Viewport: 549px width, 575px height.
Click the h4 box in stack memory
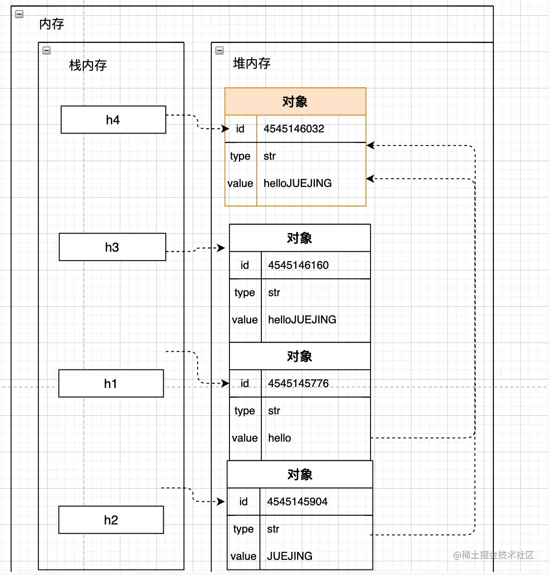[x=113, y=120]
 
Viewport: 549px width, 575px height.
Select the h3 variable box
[x=112, y=247]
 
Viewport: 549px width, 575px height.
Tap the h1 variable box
[x=111, y=384]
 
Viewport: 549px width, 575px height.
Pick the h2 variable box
[x=111, y=520]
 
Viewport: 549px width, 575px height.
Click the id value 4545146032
[x=294, y=129]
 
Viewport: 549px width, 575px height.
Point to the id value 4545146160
[x=298, y=265]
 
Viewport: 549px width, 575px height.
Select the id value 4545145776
[x=298, y=384]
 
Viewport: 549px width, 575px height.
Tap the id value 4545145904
[x=297, y=502]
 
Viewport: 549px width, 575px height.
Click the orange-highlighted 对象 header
[x=295, y=102]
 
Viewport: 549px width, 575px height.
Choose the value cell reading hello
[x=280, y=438]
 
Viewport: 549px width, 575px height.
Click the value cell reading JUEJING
[x=290, y=556]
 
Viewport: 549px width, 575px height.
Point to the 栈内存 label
[x=88, y=65]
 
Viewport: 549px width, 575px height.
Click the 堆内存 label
[x=252, y=63]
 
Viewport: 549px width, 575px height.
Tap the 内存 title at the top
[x=52, y=24]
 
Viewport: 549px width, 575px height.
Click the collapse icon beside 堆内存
[x=219, y=50]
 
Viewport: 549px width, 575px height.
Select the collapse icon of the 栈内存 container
[x=47, y=50]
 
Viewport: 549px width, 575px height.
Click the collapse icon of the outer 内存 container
[x=19, y=14]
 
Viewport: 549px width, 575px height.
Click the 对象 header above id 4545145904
[x=300, y=474]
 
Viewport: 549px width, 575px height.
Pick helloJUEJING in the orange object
[x=298, y=183]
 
